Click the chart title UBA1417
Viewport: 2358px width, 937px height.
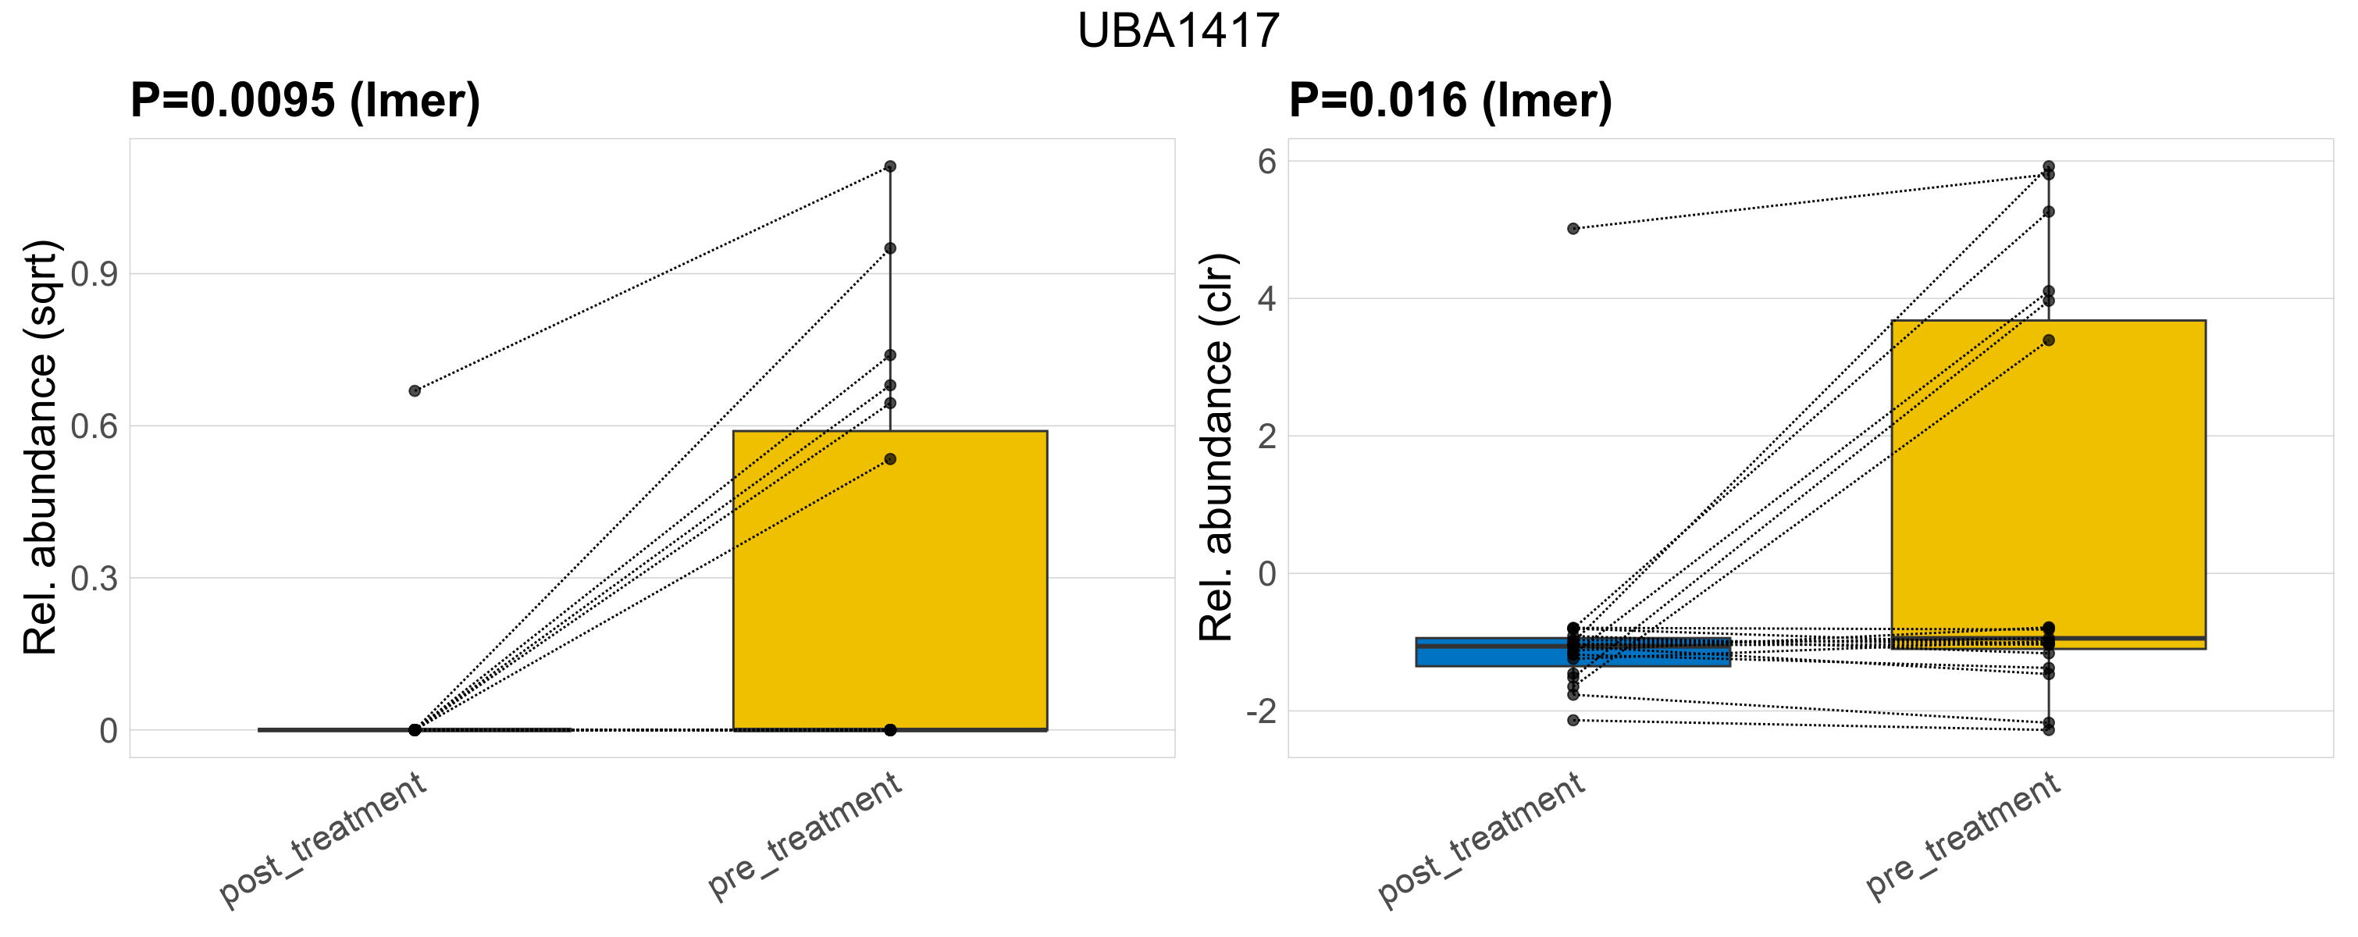(1178, 31)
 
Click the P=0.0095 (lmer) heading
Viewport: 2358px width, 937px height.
(305, 100)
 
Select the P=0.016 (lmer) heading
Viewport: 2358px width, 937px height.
(1450, 100)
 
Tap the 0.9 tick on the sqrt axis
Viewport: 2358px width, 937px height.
(94, 273)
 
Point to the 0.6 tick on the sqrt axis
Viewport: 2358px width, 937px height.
(94, 426)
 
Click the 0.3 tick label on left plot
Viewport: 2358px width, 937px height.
(94, 579)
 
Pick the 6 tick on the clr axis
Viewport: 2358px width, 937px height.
(1267, 162)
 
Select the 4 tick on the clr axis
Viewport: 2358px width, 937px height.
(1267, 299)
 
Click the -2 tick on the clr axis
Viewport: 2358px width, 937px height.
(1260, 711)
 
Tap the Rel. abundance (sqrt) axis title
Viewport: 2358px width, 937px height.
(41, 447)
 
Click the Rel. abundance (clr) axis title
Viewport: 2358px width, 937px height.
(1217, 447)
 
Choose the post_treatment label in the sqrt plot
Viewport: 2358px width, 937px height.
(323, 840)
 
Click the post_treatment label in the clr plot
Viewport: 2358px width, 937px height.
(1481, 840)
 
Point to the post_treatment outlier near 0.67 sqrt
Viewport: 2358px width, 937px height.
(415, 390)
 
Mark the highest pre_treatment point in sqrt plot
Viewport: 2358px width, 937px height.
(890, 166)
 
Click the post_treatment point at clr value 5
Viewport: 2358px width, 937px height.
(1573, 229)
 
